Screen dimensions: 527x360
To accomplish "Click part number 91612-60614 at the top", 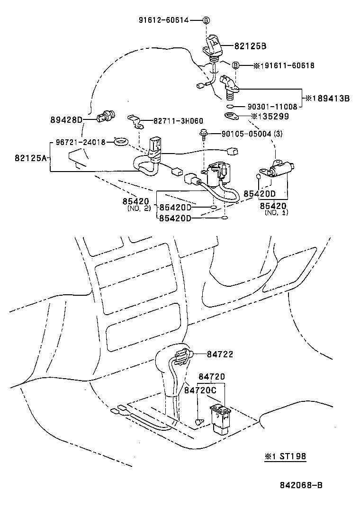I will coord(163,20).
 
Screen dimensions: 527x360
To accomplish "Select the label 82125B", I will coord(250,46).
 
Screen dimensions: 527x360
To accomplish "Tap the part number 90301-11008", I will coord(272,107).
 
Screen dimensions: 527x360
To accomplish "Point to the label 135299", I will coord(273,116).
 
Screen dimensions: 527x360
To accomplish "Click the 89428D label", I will coord(66,119).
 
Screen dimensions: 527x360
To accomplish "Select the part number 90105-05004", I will coord(246,134).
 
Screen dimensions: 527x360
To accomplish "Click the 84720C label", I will coord(200,390).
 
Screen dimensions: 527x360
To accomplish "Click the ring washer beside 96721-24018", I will coord(121,142).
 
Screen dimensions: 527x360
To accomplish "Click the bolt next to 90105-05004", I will coord(204,135).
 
